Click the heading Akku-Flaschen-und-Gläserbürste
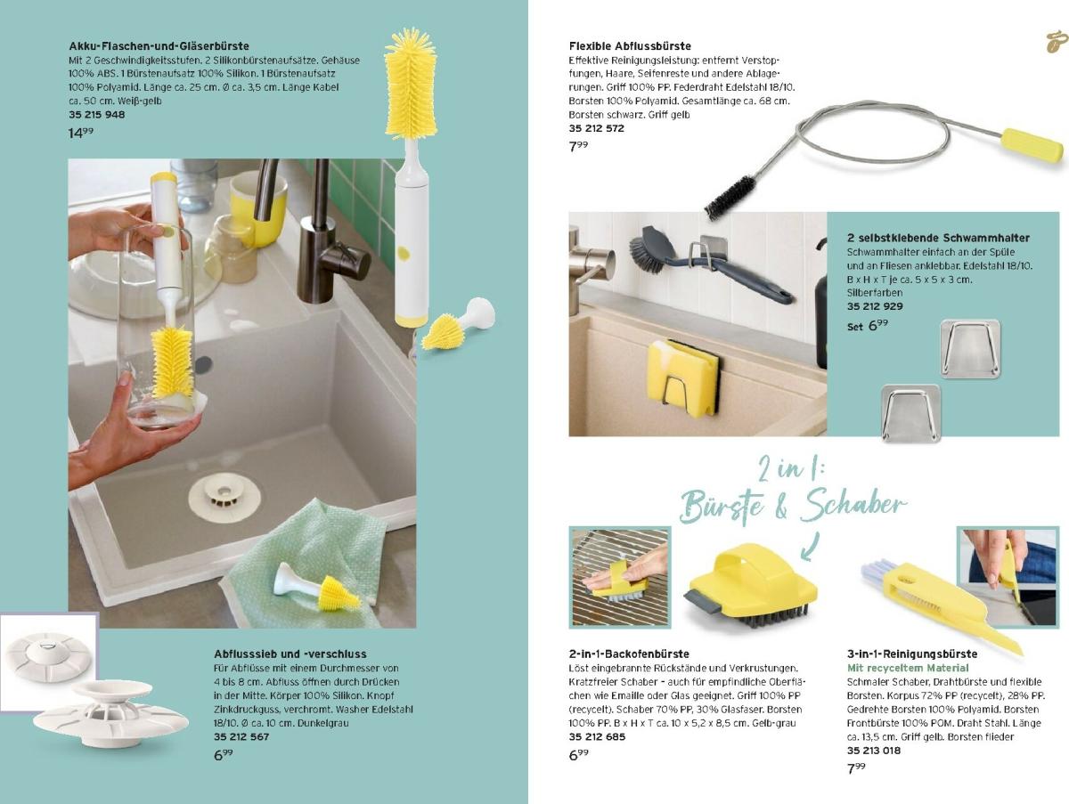(159, 46)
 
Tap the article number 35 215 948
(97, 115)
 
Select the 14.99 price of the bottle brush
(81, 133)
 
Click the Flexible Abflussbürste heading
(630, 46)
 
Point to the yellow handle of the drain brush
(1032, 144)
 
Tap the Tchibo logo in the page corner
(1056, 43)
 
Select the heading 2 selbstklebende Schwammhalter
(938, 238)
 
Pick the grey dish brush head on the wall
(651, 248)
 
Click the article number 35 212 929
(875, 306)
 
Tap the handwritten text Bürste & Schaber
(793, 505)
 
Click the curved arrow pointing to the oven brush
(811, 548)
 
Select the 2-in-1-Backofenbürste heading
(629, 654)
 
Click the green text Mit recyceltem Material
(908, 668)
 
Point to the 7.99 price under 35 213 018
(856, 768)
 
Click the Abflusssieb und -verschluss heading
(290, 654)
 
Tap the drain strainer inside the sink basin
(224, 498)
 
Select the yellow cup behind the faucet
(257, 205)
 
